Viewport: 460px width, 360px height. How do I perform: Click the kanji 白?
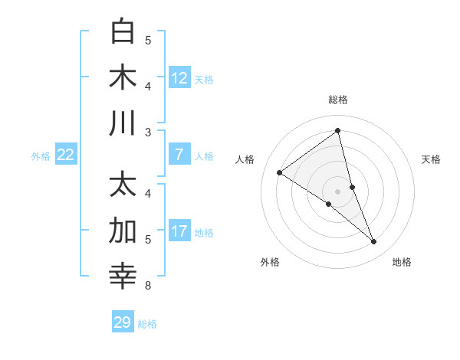123,31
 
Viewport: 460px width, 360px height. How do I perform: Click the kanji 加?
123,231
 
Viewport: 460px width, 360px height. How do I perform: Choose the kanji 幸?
123,277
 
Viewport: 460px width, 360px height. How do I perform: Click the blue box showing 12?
179,77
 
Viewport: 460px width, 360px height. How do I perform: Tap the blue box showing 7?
179,155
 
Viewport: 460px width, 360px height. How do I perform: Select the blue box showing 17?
179,231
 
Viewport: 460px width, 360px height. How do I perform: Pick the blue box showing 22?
66,155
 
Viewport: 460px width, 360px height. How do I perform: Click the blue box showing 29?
123,322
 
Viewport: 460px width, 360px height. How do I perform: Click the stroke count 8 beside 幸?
148,286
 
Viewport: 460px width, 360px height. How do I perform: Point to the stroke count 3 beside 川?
148,133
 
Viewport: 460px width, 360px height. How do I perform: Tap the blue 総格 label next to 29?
147,324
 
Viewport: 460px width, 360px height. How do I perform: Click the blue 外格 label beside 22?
41,156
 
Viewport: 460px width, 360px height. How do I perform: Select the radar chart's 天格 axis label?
431,159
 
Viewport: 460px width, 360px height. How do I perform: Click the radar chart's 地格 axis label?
402,262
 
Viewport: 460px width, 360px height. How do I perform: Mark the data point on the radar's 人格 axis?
279,172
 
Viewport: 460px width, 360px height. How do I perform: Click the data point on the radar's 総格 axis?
338,130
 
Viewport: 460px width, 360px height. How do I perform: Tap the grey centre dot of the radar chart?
338,191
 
